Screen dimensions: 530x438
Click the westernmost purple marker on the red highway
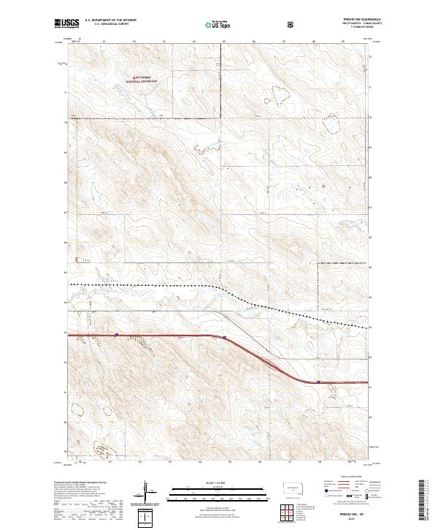[x=117, y=335]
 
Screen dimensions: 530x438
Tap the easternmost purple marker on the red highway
[x=318, y=382]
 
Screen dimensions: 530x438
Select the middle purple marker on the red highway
[x=225, y=338]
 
